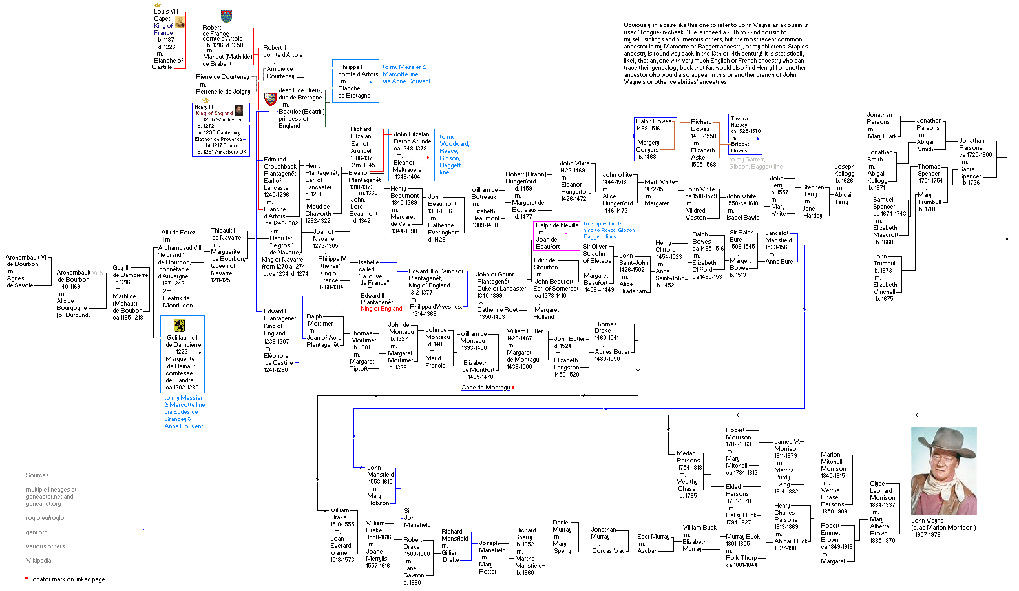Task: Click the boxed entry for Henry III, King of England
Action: pos(221,129)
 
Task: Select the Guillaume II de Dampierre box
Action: pos(182,354)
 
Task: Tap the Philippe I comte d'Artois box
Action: pos(355,81)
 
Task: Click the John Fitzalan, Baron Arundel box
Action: pos(411,155)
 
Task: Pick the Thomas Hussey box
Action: pos(744,134)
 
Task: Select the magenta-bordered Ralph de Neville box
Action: pos(556,236)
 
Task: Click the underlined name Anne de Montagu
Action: pos(486,388)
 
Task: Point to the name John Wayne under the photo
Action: pos(927,521)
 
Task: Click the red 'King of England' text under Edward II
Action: pos(381,309)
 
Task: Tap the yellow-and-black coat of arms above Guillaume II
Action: pos(179,326)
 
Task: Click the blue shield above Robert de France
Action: pos(226,16)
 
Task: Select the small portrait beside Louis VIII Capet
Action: pos(180,23)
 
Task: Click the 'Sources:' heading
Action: pos(38,475)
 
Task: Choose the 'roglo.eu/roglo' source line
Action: pos(45,518)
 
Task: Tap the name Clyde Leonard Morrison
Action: pos(881,494)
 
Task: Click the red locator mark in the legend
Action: pos(26,578)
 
